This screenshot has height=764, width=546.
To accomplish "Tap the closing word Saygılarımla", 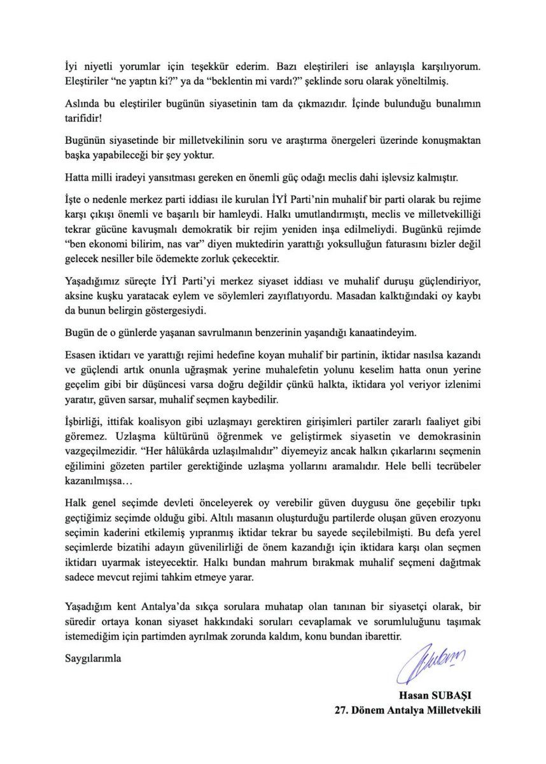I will pyautogui.click(x=94, y=659).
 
